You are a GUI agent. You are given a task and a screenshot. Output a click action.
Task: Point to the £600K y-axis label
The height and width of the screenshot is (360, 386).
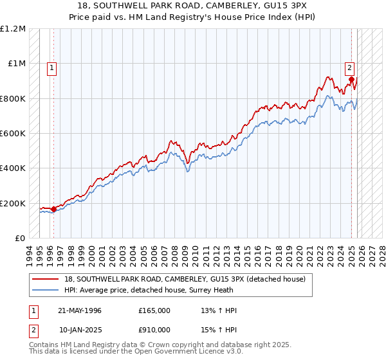coord(13,134)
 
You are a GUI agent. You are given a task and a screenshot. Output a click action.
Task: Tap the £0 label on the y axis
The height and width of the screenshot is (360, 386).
coord(21,239)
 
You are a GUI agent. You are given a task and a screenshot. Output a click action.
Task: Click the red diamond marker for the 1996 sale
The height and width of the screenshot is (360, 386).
coord(53,209)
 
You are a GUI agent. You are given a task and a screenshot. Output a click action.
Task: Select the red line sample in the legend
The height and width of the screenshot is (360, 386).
coord(46,278)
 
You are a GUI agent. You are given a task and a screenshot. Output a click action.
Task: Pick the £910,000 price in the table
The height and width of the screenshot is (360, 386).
coord(154,329)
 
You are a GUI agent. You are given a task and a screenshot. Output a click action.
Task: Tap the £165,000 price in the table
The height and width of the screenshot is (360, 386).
coord(154,310)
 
